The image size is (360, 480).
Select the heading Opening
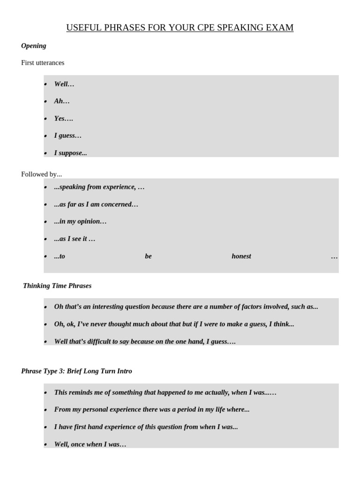click(34, 46)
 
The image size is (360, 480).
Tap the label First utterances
click(43, 63)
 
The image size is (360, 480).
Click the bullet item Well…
click(64, 84)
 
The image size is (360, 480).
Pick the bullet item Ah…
click(62, 101)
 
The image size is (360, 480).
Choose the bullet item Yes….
click(64, 119)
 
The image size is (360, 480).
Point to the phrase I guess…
click(68, 136)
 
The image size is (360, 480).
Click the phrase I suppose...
click(70, 153)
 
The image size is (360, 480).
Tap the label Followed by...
click(41, 174)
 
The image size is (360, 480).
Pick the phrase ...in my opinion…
click(80, 222)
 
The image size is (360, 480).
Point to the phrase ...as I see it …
click(75, 239)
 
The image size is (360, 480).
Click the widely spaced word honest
click(241, 256)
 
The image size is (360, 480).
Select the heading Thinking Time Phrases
click(57, 286)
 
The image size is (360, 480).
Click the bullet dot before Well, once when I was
click(46, 445)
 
